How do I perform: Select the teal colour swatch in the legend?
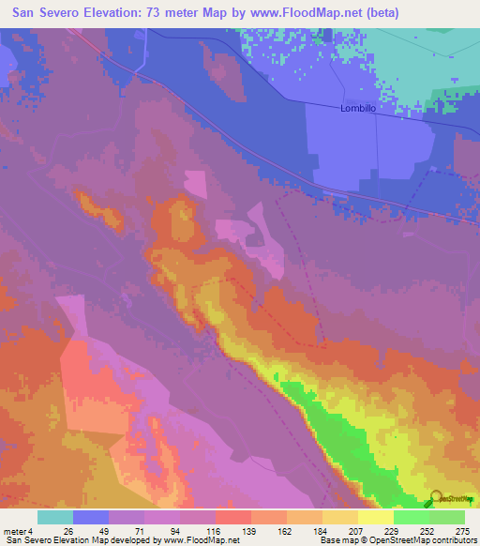click(55, 517)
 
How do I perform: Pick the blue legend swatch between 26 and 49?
click(91, 517)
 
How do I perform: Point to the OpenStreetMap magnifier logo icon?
click(435, 497)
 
